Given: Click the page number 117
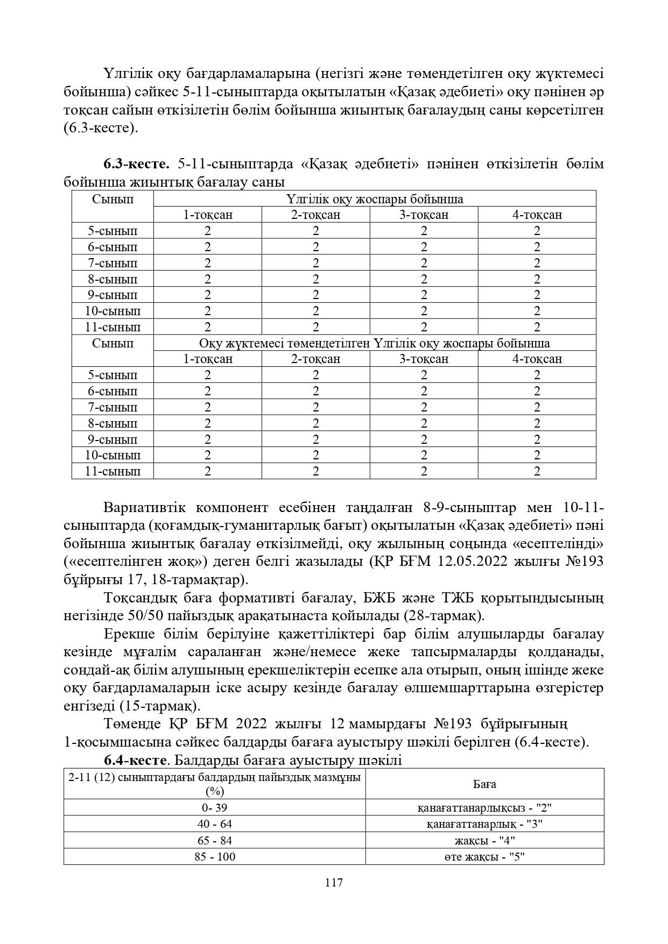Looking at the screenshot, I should tap(334, 883).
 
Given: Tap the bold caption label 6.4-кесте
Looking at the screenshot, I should tap(134, 760).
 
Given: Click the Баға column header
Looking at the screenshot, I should tap(484, 784).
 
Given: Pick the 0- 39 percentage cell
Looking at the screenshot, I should tap(215, 807).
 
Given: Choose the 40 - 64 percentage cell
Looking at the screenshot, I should tap(215, 824).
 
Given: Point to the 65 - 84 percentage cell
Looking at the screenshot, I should tap(215, 840).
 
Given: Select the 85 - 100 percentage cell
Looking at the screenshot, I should tap(215, 856).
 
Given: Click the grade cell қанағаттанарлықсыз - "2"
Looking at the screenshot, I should tap(484, 807).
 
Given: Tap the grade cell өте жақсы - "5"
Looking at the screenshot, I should tap(484, 856).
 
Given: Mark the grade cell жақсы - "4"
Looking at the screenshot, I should tap(484, 840).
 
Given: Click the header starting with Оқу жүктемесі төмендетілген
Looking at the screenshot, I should tap(375, 343).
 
